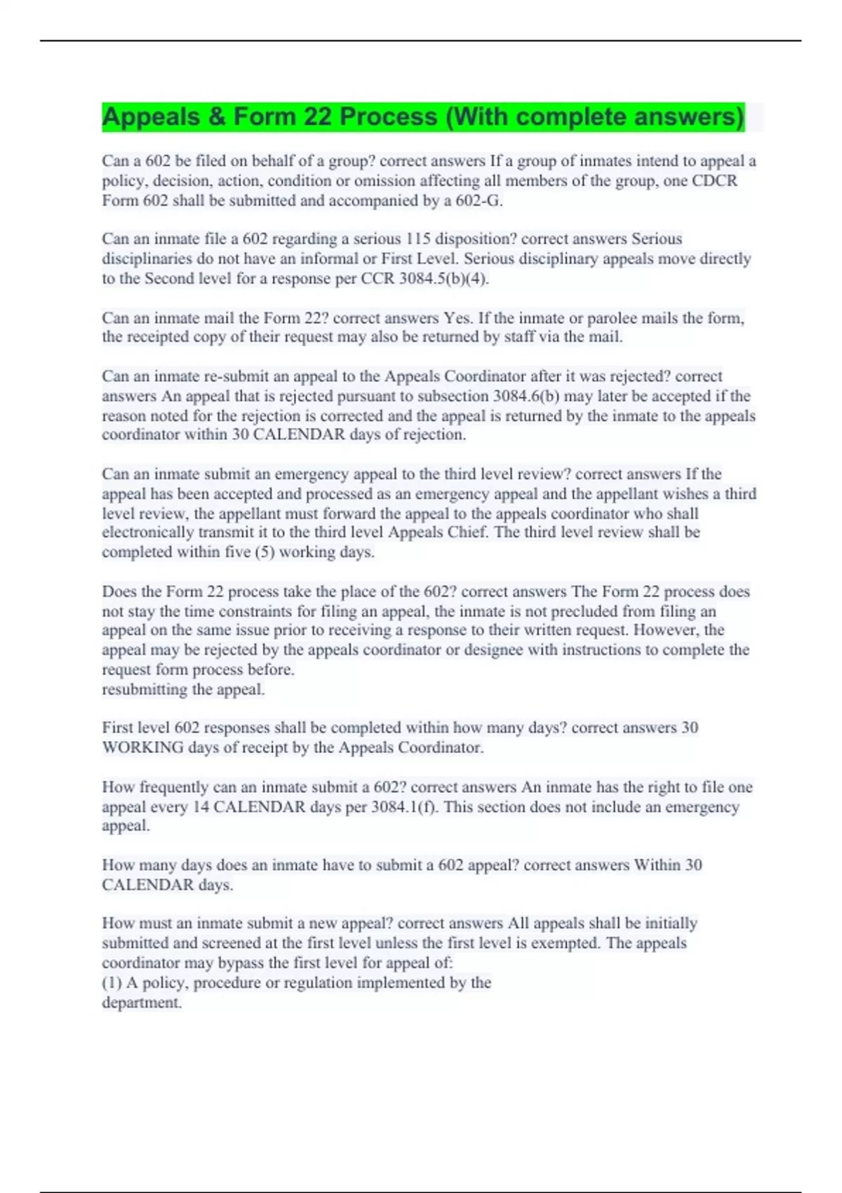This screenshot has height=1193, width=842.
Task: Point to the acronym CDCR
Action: [x=714, y=181]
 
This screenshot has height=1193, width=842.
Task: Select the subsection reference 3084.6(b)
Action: [x=526, y=396]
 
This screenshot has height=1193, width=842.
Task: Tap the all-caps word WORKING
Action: [x=142, y=748]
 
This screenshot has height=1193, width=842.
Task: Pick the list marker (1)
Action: [x=112, y=982]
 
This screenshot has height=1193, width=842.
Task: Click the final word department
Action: [x=141, y=1003]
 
